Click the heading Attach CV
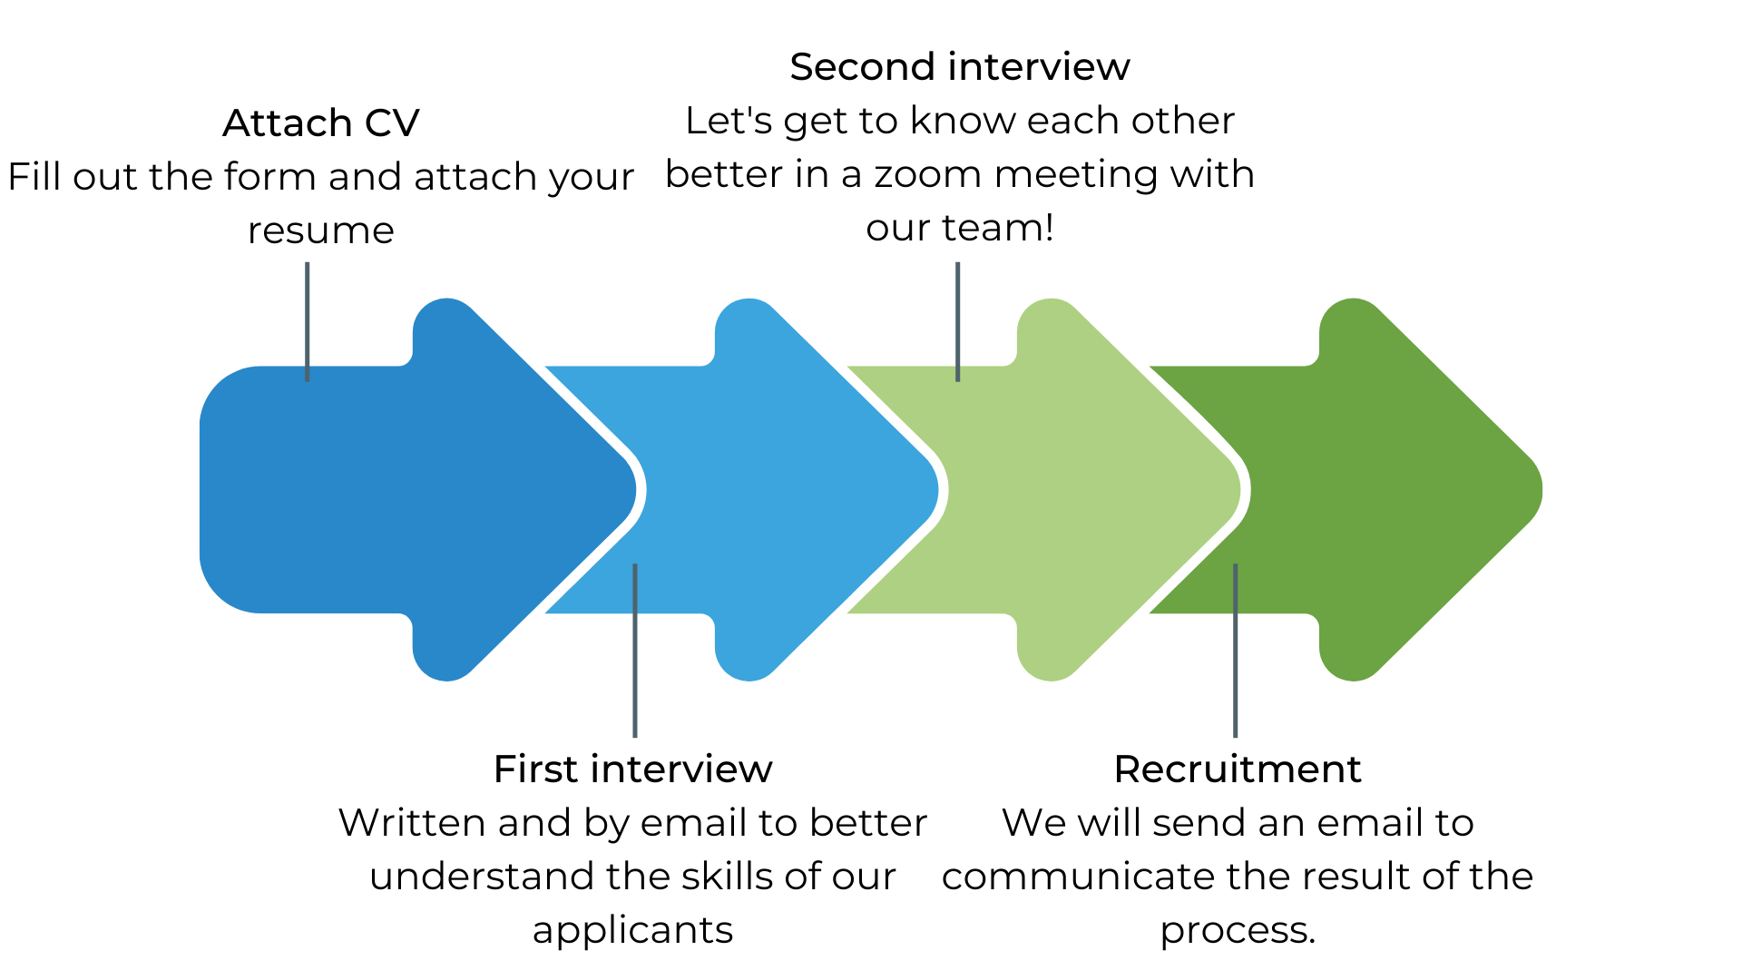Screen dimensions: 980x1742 [x=321, y=123]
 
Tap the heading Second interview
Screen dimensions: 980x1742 [x=959, y=67]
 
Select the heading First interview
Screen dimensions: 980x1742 [x=632, y=769]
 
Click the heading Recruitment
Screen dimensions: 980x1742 [x=1237, y=769]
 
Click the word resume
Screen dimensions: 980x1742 [x=321, y=231]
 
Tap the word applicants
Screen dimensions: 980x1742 [x=632, y=931]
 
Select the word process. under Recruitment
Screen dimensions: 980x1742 [x=1238, y=931]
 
